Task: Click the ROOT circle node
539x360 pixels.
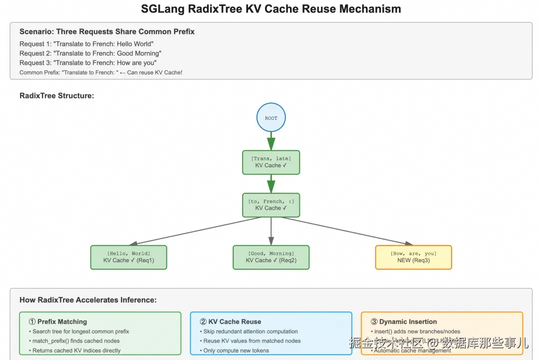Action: tap(271, 118)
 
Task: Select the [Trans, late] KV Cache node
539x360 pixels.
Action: tap(271, 162)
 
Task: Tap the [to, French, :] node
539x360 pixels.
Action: tap(271, 205)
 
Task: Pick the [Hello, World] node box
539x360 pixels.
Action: tap(128, 257)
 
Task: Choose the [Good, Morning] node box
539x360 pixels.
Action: tap(271, 257)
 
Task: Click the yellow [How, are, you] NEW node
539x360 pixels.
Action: tap(413, 257)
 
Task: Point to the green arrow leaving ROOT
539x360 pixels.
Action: tap(271, 141)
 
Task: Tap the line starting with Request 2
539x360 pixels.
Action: tap(90, 53)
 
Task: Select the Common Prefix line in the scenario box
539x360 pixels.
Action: tap(101, 72)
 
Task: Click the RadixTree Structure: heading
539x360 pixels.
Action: tap(56, 95)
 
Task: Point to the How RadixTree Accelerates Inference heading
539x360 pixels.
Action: tap(88, 300)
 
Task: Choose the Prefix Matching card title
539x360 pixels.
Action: tap(58, 322)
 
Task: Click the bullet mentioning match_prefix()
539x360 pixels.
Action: tap(76, 341)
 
